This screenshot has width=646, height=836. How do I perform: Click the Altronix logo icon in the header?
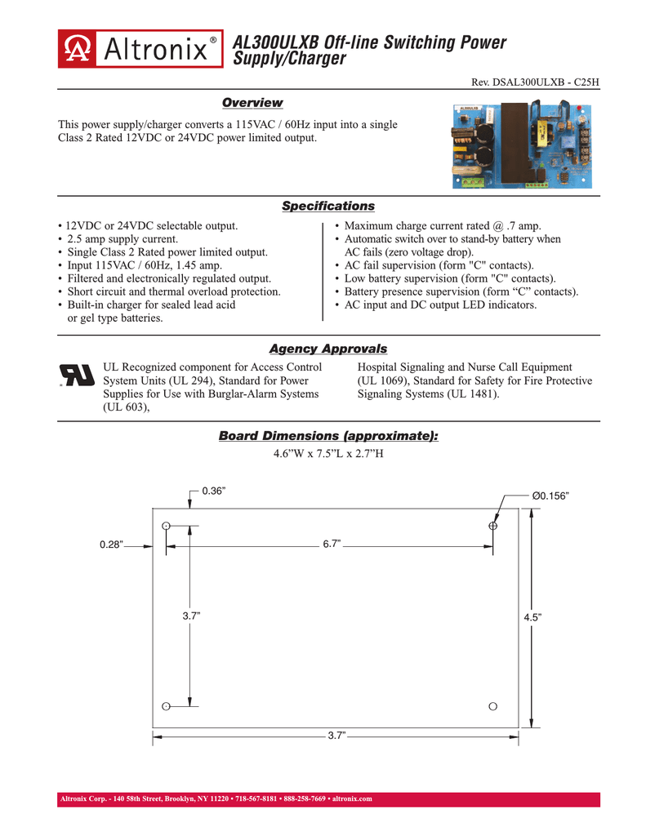click(76, 51)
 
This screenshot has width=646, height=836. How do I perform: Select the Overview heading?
click(252, 102)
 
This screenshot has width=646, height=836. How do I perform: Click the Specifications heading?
click(327, 207)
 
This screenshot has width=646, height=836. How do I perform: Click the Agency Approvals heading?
click(327, 349)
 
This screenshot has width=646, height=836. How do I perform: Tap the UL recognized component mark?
click(77, 374)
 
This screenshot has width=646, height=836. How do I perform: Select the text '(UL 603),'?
click(125, 407)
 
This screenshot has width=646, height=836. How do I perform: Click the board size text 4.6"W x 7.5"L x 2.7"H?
click(327, 453)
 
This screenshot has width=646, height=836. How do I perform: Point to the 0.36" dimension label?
click(213, 490)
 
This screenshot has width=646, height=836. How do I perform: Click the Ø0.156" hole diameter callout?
click(550, 495)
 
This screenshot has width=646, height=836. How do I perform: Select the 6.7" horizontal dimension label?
click(332, 543)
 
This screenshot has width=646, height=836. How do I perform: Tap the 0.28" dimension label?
click(111, 545)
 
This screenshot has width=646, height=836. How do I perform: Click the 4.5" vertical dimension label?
click(532, 618)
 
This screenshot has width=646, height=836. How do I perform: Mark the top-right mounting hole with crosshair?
click(492, 527)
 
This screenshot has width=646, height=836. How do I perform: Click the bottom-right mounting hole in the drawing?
click(492, 706)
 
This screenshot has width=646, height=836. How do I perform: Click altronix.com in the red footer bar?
click(352, 798)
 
